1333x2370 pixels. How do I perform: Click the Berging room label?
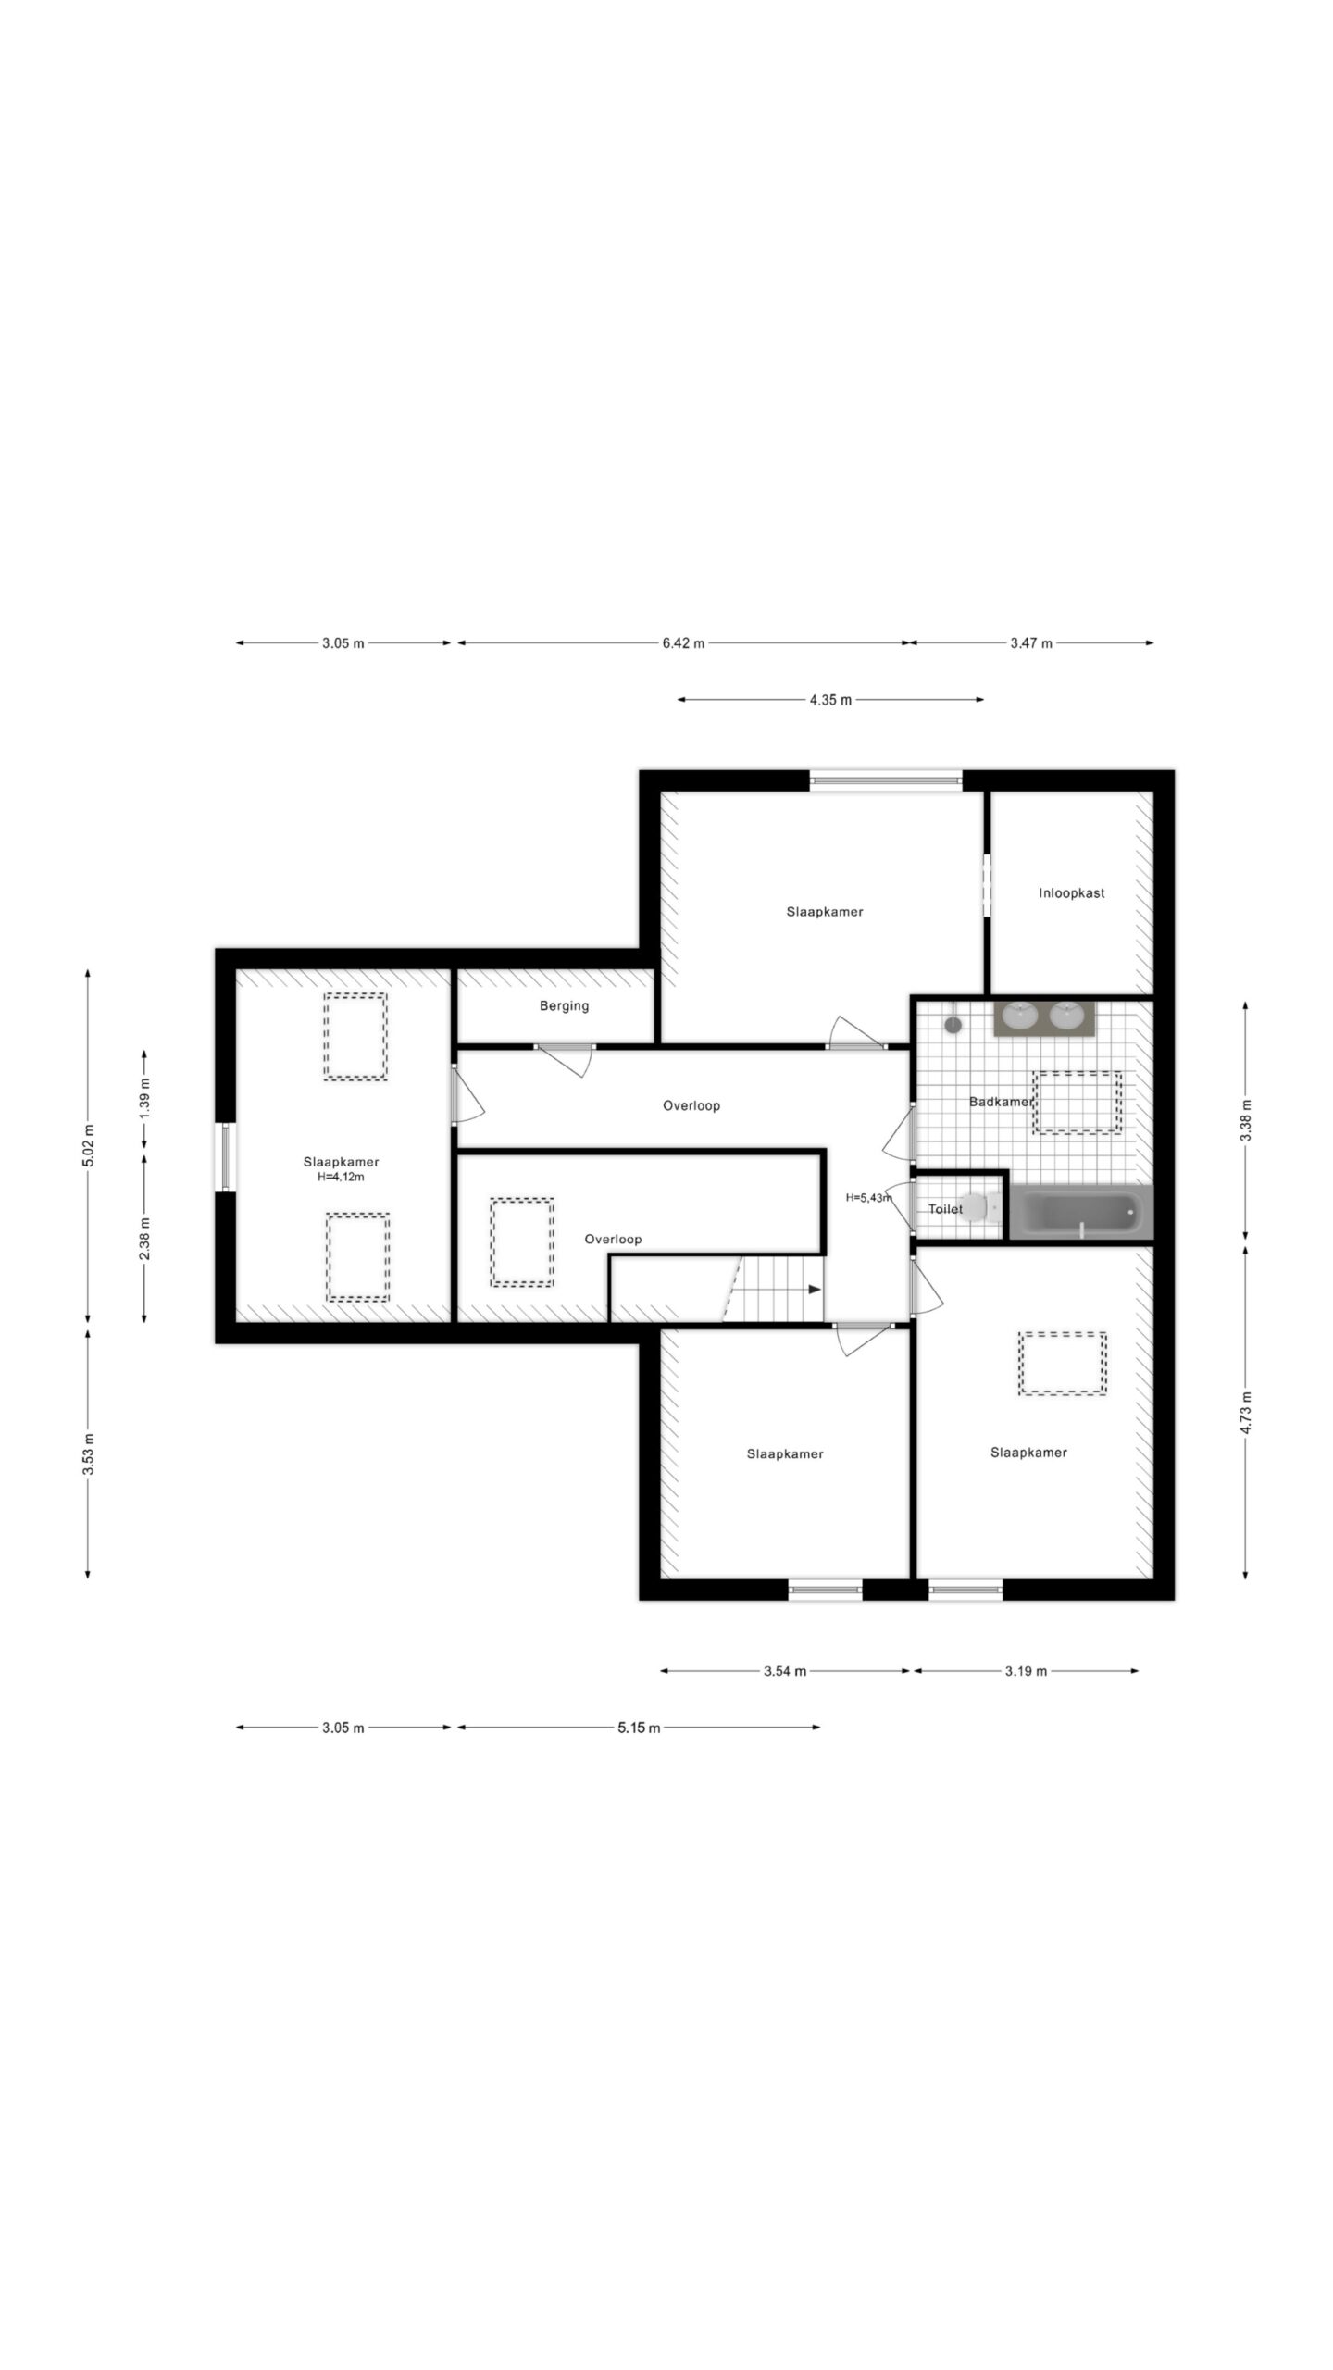coord(564,1005)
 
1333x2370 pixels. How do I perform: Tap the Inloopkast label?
coord(1071,893)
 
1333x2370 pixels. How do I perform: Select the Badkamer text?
coord(1000,1102)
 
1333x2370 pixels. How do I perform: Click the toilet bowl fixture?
coord(976,1207)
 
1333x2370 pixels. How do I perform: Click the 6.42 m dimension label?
coord(683,643)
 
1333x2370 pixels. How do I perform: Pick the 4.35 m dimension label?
coord(830,700)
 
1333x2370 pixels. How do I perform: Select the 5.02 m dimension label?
coord(88,1146)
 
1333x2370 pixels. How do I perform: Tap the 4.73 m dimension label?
coord(1246,1413)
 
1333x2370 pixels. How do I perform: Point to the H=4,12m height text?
coord(341,1178)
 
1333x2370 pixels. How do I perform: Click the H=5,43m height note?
coord(868,1197)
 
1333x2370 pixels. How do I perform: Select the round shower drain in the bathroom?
coord(952,1025)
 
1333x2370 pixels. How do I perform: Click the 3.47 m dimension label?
coord(1031,643)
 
